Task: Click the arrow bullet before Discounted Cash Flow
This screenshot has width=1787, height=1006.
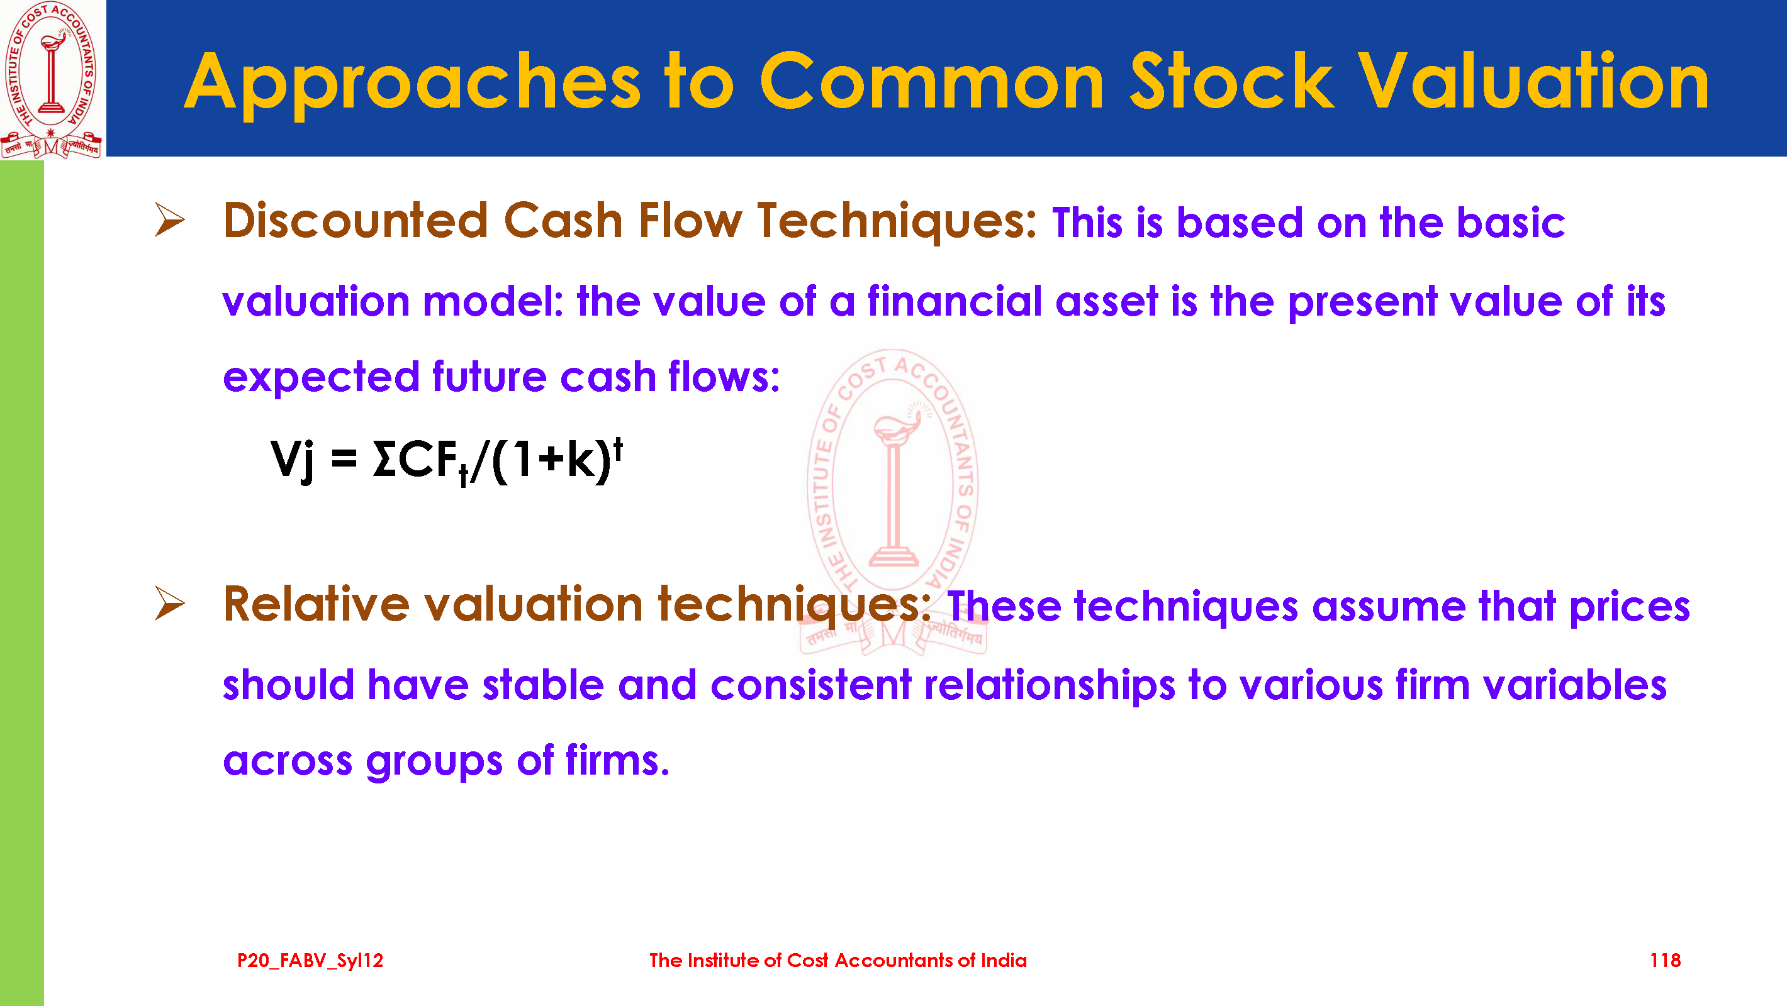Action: tap(169, 220)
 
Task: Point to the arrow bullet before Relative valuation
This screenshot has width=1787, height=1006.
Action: tap(169, 603)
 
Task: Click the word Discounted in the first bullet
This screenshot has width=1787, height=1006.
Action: tap(356, 221)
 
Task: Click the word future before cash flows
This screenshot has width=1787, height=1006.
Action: tap(490, 377)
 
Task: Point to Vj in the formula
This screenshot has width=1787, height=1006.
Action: tap(293, 459)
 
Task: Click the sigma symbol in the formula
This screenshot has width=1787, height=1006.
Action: tap(384, 459)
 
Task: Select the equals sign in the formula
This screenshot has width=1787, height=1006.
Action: tap(344, 460)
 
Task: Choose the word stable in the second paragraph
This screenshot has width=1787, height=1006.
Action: tap(543, 685)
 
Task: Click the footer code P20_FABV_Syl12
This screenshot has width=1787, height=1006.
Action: tap(310, 960)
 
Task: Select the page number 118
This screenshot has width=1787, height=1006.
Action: tap(1665, 960)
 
